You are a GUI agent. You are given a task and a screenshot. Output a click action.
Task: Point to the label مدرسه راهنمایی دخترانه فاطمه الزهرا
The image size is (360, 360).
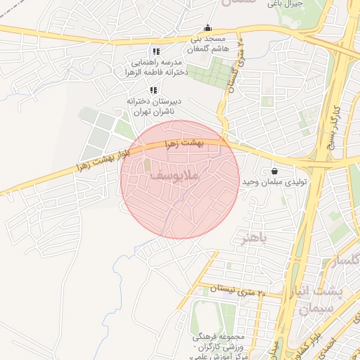pyautogui.click(x=153, y=67)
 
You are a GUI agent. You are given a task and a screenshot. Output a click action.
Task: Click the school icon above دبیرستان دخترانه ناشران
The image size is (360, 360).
pyautogui.click(x=153, y=90)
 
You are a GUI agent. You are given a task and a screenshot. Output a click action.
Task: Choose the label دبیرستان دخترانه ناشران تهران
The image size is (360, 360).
pyautogui.click(x=153, y=106)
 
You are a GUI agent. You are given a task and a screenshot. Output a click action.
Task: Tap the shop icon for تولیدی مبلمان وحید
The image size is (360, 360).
pyautogui.click(x=274, y=171)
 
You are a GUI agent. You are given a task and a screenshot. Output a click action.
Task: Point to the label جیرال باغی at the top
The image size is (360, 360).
pyautogui.click(x=288, y=4)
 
